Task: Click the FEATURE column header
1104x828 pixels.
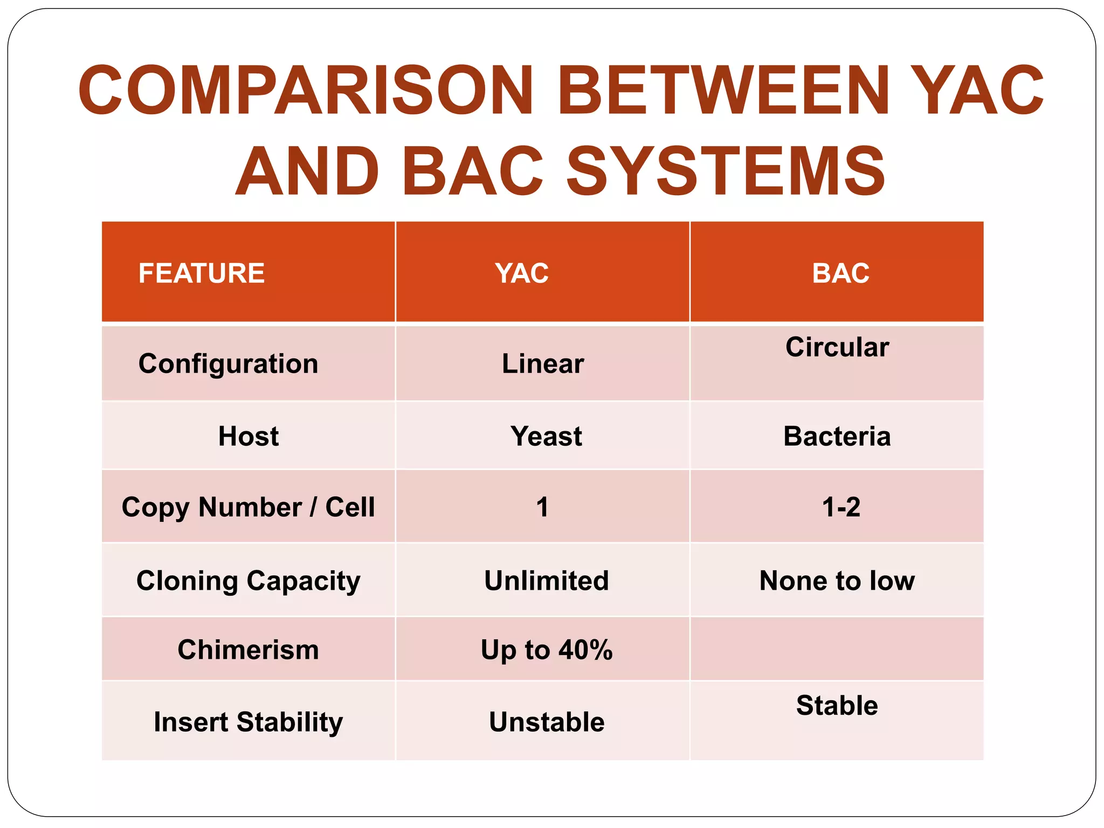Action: [201, 273]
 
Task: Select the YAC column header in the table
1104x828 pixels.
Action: [522, 273]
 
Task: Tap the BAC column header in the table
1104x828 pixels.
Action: [840, 273]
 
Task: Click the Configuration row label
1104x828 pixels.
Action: [228, 363]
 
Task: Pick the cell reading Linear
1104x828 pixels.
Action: [543, 363]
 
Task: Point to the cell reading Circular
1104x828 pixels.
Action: [837, 347]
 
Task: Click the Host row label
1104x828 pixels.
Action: [249, 436]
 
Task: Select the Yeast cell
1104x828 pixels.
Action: [546, 436]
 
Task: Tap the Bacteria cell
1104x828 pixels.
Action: [837, 436]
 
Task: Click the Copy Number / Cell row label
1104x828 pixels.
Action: [248, 507]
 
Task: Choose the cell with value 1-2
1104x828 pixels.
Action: [840, 507]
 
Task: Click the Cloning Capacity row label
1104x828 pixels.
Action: [248, 581]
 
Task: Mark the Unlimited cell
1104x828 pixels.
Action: [546, 581]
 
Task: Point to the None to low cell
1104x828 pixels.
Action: [837, 581]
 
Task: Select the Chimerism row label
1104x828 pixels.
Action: [248, 649]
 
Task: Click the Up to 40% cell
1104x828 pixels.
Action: [546, 649]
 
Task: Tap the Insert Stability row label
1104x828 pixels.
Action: [248, 721]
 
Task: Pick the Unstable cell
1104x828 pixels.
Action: [546, 721]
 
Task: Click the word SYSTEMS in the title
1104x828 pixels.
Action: [726, 171]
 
